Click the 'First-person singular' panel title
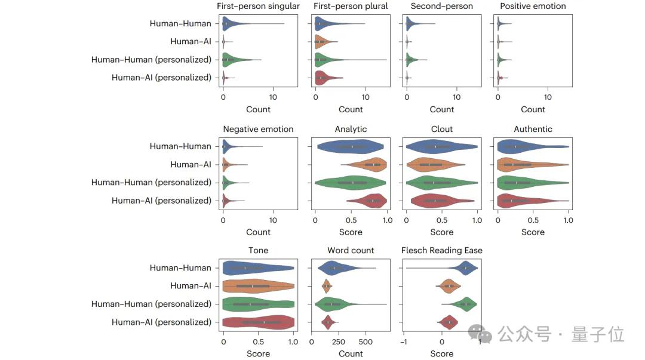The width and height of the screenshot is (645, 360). pos(258,7)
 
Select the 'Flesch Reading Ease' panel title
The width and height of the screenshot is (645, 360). pos(442,250)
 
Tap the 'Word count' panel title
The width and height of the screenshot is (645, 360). pos(351,250)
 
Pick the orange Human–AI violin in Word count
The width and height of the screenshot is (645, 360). pos(327,286)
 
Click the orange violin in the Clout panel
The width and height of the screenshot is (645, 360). pos(433,164)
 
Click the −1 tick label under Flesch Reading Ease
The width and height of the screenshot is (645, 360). pos(404,341)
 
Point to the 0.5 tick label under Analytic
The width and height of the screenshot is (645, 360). pos(351,220)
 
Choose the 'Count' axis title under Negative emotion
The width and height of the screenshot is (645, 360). pos(258,232)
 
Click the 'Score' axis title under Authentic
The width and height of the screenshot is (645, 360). pos(533,232)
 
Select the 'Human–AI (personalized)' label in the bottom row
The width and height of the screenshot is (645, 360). pos(161,322)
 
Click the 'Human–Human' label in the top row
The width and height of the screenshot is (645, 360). pos(180,24)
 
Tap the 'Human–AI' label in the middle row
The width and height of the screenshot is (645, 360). pos(191,164)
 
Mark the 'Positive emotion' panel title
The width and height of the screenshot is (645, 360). pos(533,7)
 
